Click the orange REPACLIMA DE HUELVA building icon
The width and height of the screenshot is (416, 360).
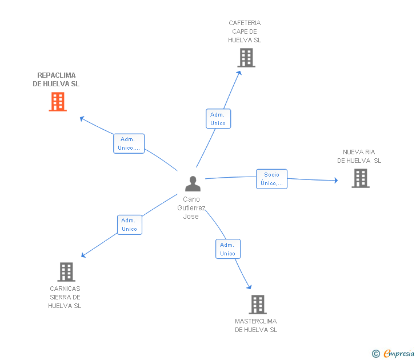click(x=58, y=101)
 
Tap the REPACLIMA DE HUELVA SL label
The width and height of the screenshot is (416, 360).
click(x=56, y=79)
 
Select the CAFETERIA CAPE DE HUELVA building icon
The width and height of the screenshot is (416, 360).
click(x=246, y=58)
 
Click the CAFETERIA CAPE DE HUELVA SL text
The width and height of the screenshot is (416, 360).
click(x=245, y=31)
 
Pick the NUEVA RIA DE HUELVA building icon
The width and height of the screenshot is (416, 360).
click(x=360, y=178)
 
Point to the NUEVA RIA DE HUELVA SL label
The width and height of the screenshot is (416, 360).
click(x=359, y=157)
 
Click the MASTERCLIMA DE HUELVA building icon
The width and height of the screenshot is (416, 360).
click(x=257, y=305)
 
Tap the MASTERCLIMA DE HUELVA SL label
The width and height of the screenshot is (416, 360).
click(x=256, y=326)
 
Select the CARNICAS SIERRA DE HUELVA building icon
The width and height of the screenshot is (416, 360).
click(x=66, y=272)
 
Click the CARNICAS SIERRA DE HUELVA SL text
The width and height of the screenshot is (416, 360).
click(x=65, y=297)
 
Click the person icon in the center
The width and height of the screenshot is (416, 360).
click(x=193, y=183)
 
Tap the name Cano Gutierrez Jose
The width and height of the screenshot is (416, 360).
click(x=191, y=208)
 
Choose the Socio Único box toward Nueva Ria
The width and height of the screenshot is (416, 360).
click(x=271, y=179)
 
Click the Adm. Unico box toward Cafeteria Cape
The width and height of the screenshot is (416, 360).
click(x=218, y=119)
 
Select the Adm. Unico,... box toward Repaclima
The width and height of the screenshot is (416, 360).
click(x=129, y=143)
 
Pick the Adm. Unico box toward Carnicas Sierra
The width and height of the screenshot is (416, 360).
click(x=129, y=225)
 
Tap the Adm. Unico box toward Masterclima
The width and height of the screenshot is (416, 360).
click(x=227, y=249)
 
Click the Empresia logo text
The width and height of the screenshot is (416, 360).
click(x=399, y=353)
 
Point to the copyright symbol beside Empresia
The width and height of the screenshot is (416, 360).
click(x=376, y=354)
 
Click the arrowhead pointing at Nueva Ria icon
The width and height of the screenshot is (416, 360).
click(x=336, y=181)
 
